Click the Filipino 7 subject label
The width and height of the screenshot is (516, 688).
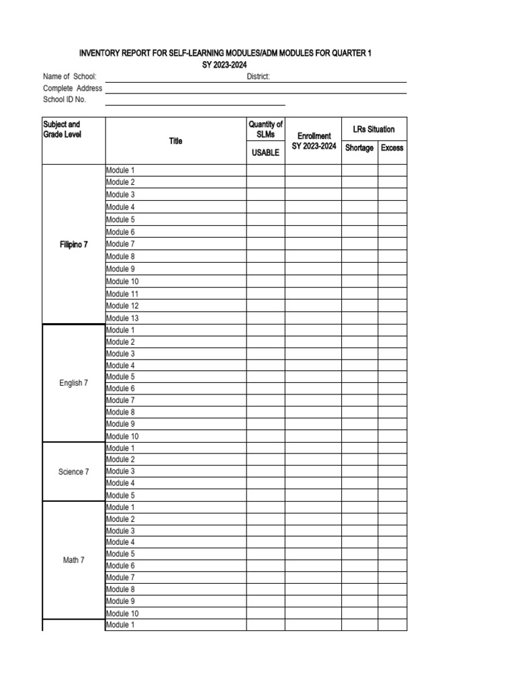74,245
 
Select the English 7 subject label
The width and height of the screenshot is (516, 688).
74,383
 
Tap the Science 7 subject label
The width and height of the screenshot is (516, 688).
74,472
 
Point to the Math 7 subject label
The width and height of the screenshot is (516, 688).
74,560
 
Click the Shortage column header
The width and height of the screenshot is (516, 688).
359,148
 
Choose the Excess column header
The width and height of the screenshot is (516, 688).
392,148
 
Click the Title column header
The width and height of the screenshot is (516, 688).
176,141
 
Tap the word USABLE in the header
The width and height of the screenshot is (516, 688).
265,153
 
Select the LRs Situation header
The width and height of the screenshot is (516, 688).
374,129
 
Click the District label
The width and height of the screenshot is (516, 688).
259,77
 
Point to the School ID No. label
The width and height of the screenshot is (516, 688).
64,99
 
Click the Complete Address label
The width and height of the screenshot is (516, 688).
73,88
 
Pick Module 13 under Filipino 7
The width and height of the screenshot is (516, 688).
122,318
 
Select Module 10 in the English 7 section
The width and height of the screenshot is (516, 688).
122,436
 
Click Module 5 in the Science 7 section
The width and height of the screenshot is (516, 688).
120,495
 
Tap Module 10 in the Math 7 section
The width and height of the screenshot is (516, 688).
122,613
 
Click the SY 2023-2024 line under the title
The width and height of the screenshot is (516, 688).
225,64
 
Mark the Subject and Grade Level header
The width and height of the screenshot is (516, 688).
62,130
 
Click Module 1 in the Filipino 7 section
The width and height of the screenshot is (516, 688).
120,171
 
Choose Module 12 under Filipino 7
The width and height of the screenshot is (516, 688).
122,306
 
